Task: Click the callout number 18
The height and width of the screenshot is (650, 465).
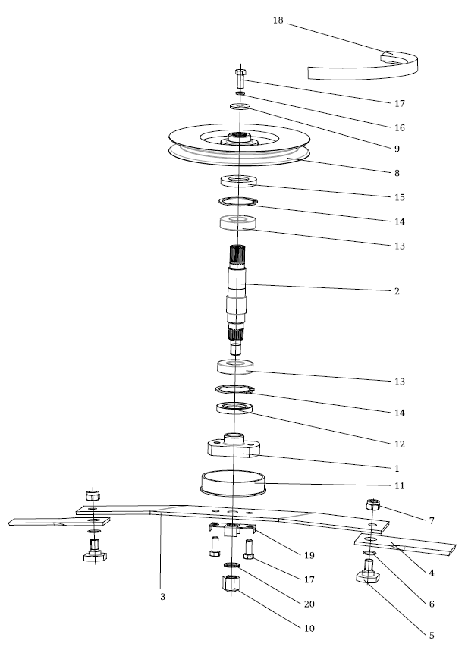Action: (x=278, y=20)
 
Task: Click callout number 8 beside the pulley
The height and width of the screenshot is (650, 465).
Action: (x=397, y=173)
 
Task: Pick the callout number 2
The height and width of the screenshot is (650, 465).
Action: (x=397, y=291)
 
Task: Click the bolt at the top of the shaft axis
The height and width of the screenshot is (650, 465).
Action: (x=240, y=76)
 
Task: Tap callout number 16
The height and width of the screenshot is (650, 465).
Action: (x=400, y=127)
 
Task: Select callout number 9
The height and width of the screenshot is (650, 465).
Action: (x=397, y=149)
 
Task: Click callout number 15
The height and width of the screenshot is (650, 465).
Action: (x=400, y=197)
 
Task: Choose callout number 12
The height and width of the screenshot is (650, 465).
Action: (x=400, y=444)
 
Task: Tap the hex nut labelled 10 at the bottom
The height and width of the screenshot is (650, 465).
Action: (x=231, y=585)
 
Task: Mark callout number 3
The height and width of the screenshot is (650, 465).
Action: (x=162, y=597)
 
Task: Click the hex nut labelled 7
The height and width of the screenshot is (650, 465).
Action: (x=372, y=504)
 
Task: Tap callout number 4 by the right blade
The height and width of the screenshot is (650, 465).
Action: (x=432, y=573)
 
